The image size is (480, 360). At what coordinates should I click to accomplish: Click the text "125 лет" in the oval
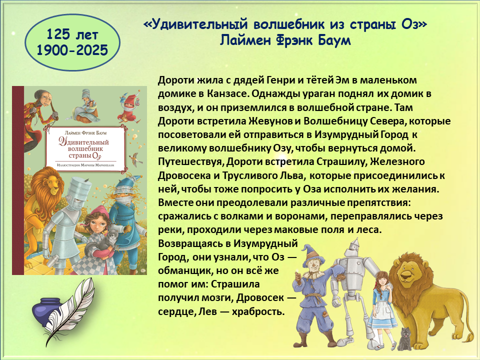click(72, 34)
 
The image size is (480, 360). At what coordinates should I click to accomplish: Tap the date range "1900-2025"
click(72, 50)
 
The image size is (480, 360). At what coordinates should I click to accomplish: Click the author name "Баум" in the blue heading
click(334, 40)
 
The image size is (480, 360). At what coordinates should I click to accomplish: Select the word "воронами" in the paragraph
click(298, 216)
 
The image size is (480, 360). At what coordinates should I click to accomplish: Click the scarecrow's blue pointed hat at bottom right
click(309, 252)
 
